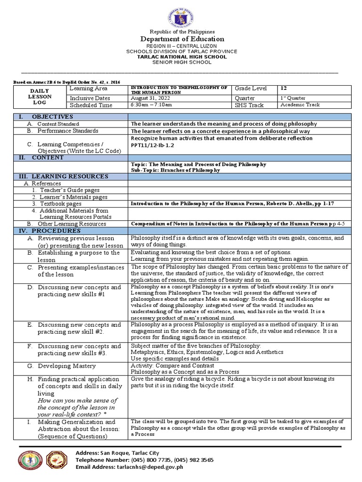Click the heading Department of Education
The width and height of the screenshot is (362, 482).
181,39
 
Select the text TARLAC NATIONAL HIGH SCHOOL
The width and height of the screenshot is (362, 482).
181,56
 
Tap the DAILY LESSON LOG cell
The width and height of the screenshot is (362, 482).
40,96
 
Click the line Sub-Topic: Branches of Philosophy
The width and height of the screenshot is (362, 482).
175,170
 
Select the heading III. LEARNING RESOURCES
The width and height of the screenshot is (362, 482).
63,177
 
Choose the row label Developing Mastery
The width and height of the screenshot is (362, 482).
69,365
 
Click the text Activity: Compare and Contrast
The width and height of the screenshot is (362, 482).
173,365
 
